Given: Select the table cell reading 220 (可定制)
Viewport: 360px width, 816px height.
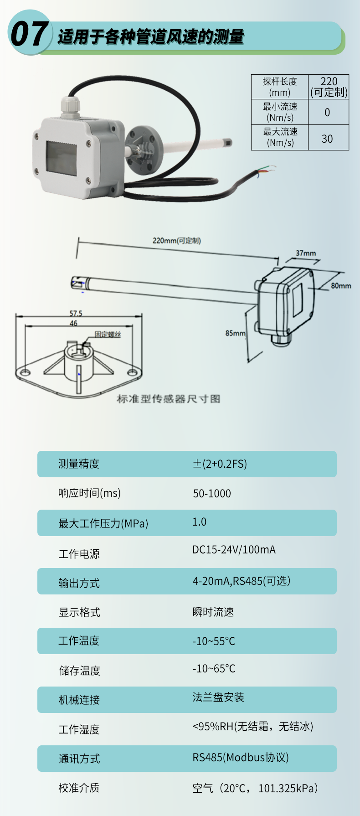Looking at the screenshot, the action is (329, 87).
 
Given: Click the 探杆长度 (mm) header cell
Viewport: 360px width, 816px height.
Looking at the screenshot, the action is (280, 87).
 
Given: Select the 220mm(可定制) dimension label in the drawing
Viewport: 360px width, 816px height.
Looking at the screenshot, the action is (177, 241).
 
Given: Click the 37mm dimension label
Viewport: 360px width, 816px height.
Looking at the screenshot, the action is (306, 253).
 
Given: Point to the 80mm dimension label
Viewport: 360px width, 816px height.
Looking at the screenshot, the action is (341, 286).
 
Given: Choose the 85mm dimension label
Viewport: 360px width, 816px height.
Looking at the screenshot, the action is (236, 333).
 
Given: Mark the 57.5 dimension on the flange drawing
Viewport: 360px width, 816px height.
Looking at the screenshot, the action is (76, 313).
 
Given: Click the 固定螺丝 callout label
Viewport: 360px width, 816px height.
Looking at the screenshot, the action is (108, 334).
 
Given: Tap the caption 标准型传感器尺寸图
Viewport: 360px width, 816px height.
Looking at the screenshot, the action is (169, 399).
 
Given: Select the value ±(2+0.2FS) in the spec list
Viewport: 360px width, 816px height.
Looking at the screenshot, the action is (220, 464).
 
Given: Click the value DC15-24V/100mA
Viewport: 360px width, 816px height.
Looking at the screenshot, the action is (234, 550).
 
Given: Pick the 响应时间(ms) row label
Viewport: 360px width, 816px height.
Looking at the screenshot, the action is (90, 493).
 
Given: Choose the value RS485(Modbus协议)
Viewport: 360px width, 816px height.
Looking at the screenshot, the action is (241, 758).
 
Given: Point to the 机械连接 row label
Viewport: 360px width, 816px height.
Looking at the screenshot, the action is (79, 700).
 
